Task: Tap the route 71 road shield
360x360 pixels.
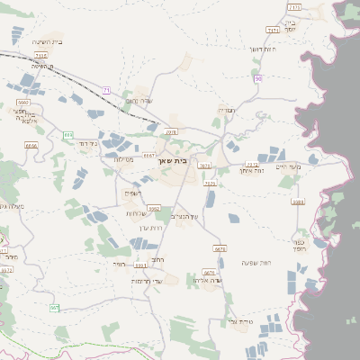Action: point(106,90)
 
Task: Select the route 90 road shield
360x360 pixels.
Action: point(258,79)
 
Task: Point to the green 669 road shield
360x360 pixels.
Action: point(68,135)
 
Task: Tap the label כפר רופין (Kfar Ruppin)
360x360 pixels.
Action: point(301,243)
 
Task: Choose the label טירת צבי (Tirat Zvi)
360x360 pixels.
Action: point(242,321)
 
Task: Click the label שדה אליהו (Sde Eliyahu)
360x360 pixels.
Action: point(207,281)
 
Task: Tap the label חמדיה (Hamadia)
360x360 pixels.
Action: point(227,110)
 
